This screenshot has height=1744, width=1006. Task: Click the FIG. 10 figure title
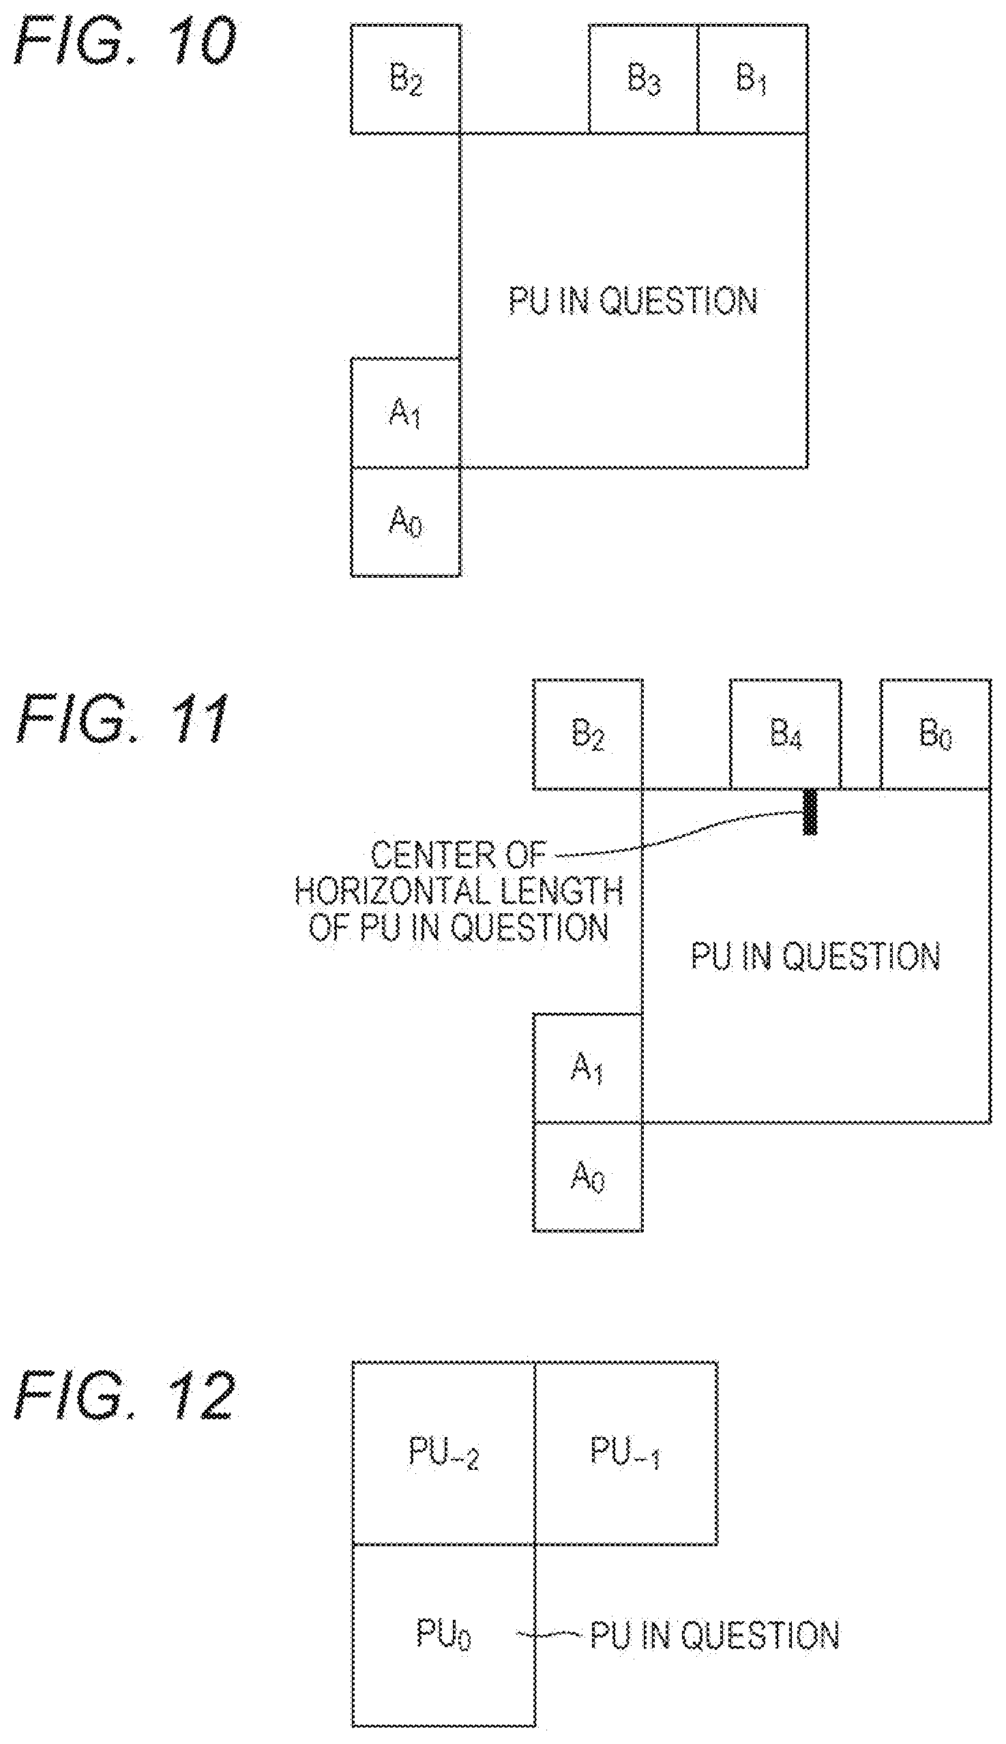[125, 44]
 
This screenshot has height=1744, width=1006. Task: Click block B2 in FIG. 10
[406, 78]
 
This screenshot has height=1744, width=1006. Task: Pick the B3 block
[643, 78]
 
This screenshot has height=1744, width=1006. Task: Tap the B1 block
[752, 78]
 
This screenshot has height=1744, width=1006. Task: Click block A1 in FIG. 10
[406, 413]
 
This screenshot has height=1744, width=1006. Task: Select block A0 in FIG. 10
[406, 522]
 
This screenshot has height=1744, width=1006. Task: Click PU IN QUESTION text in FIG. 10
[633, 301]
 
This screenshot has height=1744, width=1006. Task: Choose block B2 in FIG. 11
[588, 735]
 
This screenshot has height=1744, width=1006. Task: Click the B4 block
[786, 735]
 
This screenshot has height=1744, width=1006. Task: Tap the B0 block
[936, 735]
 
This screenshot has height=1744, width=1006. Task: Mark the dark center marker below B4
[810, 812]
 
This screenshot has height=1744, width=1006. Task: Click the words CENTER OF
[459, 856]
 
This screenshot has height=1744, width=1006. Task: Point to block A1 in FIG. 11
[588, 1068]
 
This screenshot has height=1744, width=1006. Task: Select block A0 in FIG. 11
[588, 1177]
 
